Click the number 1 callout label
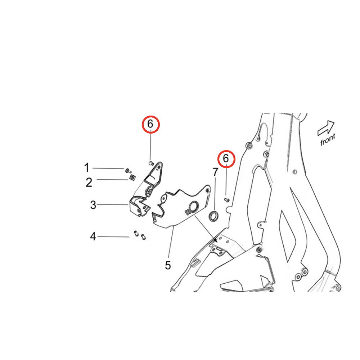click(86, 168)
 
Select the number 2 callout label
click(89, 182)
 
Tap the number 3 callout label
click(93, 205)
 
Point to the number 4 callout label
click(93, 236)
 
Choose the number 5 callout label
click(168, 265)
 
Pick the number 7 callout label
click(215, 172)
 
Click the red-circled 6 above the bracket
click(150, 124)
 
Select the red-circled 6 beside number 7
click(226, 159)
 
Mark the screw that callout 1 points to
click(128, 171)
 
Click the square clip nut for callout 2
click(132, 177)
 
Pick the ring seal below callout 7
click(213, 216)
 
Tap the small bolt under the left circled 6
click(151, 163)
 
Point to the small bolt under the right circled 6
click(227, 200)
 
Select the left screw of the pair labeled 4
click(136, 233)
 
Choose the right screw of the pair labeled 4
click(144, 237)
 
